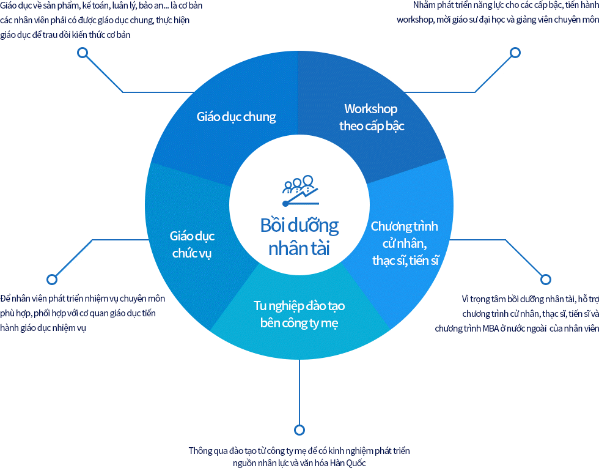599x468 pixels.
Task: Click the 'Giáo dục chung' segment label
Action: [237, 117]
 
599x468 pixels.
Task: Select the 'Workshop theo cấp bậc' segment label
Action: [371, 117]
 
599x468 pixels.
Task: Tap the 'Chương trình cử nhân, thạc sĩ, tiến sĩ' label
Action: [405, 243]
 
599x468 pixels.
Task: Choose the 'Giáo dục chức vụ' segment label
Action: [192, 245]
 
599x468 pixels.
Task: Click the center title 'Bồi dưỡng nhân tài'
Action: [299, 237]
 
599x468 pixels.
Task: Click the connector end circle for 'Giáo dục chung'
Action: [83, 53]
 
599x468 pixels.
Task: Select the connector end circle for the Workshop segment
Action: [515, 53]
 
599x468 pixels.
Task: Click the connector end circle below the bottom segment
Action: [299, 429]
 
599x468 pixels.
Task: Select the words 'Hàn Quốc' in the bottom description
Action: [348, 463]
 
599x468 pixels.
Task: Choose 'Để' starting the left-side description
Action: [6, 299]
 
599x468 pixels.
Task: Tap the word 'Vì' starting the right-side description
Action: [466, 299]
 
